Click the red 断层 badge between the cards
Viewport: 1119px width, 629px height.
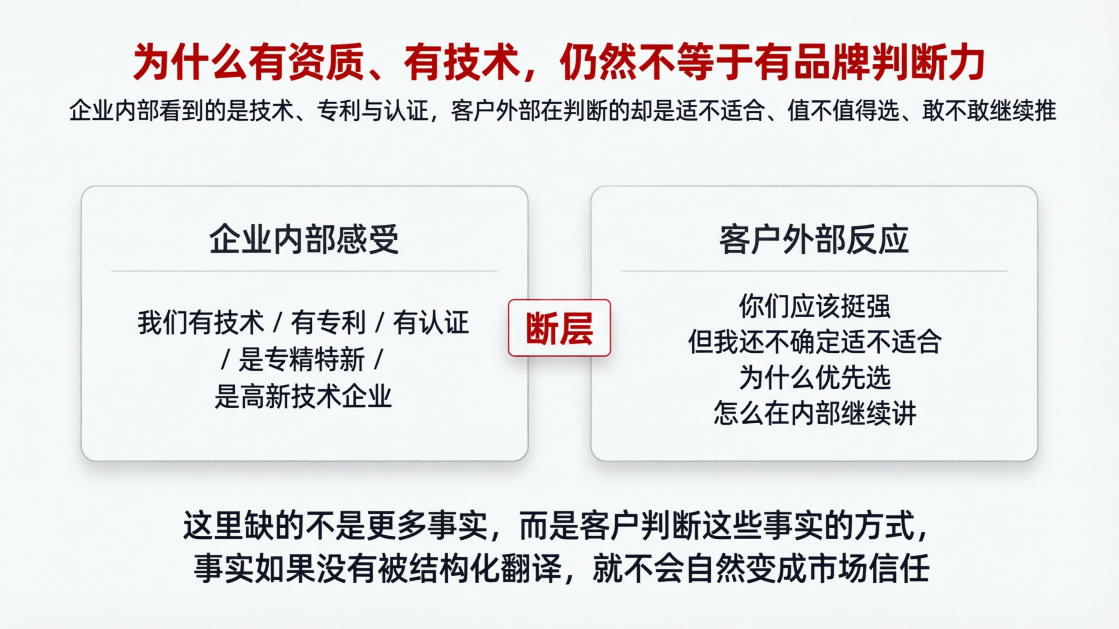pyautogui.click(x=559, y=328)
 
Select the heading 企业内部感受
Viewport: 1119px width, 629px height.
pyautogui.click(x=304, y=240)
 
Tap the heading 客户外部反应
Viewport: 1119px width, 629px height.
pyautogui.click(x=814, y=240)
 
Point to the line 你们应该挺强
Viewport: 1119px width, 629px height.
pyautogui.click(x=814, y=306)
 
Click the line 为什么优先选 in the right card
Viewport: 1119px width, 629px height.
pyautogui.click(x=814, y=377)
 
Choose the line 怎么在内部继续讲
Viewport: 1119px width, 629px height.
pyautogui.click(x=814, y=413)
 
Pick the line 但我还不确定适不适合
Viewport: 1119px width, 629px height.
pyautogui.click(x=814, y=342)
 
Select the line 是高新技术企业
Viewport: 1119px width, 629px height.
pyautogui.click(x=303, y=396)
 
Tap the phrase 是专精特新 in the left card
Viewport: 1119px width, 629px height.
pyautogui.click(x=302, y=359)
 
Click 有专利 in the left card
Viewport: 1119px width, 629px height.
pyautogui.click(x=328, y=322)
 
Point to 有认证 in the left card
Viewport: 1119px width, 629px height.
pyautogui.click(x=431, y=322)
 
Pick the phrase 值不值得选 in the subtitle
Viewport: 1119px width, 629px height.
pyautogui.click(x=843, y=110)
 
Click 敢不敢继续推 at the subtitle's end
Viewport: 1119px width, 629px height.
pyautogui.click(x=989, y=110)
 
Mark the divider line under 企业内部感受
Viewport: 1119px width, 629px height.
pyautogui.click(x=304, y=271)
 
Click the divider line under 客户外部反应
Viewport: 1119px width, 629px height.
pyautogui.click(x=814, y=271)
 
